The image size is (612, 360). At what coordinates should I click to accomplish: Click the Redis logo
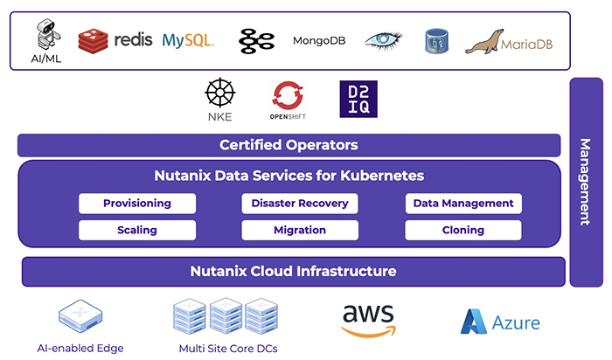point(114,39)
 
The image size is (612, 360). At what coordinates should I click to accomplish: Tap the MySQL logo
point(188,39)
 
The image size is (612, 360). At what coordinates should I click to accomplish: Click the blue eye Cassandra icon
point(385,39)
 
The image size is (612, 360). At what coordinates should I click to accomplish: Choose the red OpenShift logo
point(287,95)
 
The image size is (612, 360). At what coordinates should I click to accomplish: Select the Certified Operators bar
point(289,145)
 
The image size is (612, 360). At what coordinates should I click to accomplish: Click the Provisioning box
point(137,204)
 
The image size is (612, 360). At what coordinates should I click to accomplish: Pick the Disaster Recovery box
point(300,204)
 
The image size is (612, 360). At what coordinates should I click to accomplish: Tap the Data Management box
point(463,204)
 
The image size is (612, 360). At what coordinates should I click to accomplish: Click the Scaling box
point(137,230)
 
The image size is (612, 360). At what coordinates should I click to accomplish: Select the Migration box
point(300,230)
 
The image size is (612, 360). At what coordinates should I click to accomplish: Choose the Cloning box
point(463,230)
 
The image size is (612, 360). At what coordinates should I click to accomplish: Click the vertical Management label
point(586,182)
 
